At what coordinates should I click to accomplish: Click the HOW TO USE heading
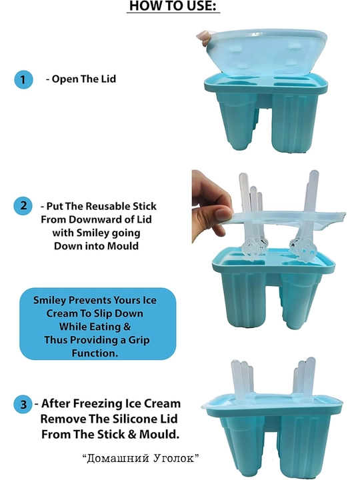[x=173, y=6]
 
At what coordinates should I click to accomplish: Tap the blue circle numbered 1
[x=23, y=79]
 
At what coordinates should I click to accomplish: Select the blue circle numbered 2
[x=23, y=206]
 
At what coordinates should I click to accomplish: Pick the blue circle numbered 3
[x=23, y=405]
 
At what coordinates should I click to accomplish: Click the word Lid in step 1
[x=109, y=79]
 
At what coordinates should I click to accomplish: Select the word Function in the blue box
[x=95, y=353]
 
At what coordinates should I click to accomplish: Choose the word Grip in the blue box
[x=139, y=340]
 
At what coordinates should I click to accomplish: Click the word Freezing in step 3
[x=97, y=404]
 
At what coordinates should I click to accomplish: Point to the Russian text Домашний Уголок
[x=141, y=458]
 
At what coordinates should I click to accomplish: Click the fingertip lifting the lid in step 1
[x=203, y=37]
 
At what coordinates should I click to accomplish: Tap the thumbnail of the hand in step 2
[x=223, y=213]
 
